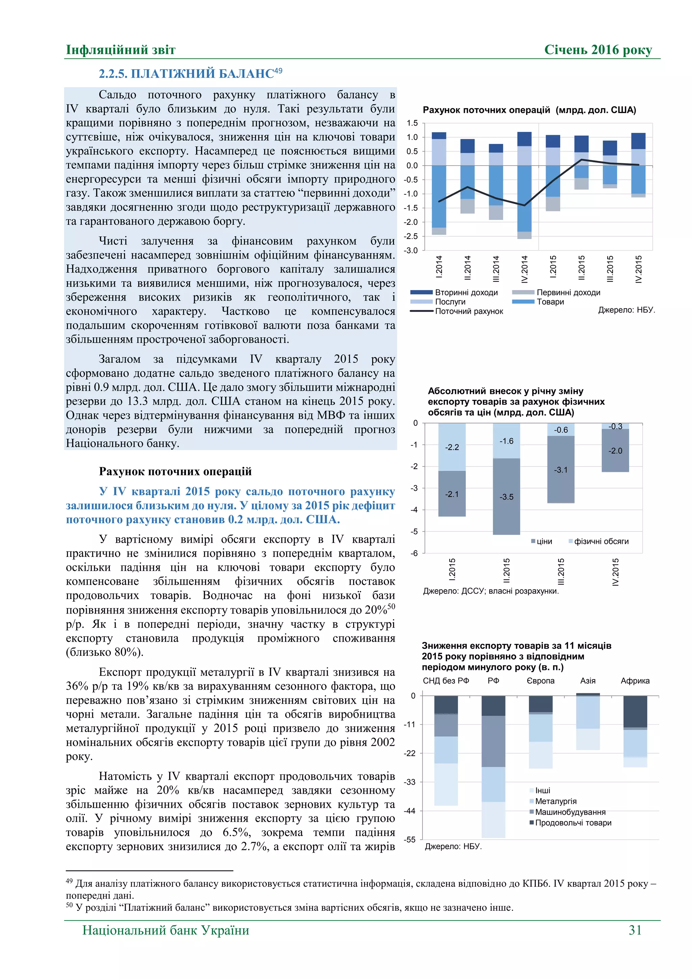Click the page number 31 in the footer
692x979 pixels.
(x=635, y=930)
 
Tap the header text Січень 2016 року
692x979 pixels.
(x=598, y=50)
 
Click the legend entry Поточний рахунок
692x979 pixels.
(x=468, y=311)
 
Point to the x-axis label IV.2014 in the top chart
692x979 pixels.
(x=524, y=269)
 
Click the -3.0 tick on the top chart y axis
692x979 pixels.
(x=411, y=250)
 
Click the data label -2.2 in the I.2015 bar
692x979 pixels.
(x=452, y=447)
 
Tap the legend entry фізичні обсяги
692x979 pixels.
(x=601, y=541)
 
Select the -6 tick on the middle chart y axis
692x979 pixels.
(x=414, y=553)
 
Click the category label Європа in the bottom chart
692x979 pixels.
(x=540, y=680)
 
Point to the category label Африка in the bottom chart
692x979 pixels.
(x=635, y=680)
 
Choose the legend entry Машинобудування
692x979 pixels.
(x=570, y=812)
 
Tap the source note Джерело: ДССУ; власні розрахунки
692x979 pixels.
(x=491, y=591)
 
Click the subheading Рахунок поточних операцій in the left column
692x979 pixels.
(x=175, y=471)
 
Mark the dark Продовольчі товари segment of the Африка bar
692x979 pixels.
(x=635, y=711)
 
